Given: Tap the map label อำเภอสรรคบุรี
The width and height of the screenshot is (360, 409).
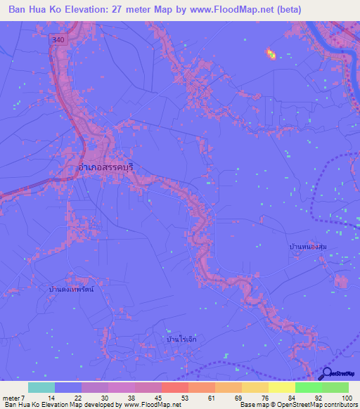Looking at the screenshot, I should [102, 169].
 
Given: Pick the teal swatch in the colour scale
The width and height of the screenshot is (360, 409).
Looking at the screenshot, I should [41, 388].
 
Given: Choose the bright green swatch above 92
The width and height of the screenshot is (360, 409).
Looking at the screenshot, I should [308, 388].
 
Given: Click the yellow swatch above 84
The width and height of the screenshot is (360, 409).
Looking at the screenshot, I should [281, 388].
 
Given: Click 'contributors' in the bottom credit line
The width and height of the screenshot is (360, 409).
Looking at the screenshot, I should [340, 404].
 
